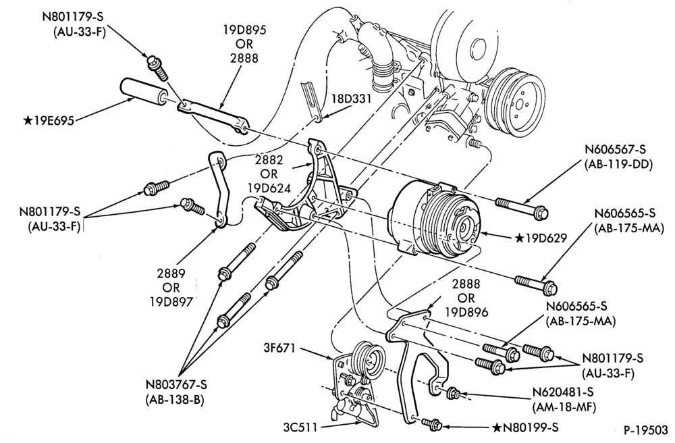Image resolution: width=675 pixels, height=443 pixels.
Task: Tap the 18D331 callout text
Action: pos(351,99)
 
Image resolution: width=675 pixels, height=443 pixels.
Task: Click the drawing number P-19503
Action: pos(645,431)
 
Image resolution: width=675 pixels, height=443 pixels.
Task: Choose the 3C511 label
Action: pos(300,428)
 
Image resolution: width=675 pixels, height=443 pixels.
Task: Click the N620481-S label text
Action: pos(563,392)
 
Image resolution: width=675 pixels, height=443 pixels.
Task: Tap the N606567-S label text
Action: pos(616,149)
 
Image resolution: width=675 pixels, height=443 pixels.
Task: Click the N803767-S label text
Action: pos(175,384)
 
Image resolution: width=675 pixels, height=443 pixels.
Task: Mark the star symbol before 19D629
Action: pos(520,237)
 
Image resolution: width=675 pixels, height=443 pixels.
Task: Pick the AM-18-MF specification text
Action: pos(564,407)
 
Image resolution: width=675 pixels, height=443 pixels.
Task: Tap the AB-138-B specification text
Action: pos(174,399)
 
